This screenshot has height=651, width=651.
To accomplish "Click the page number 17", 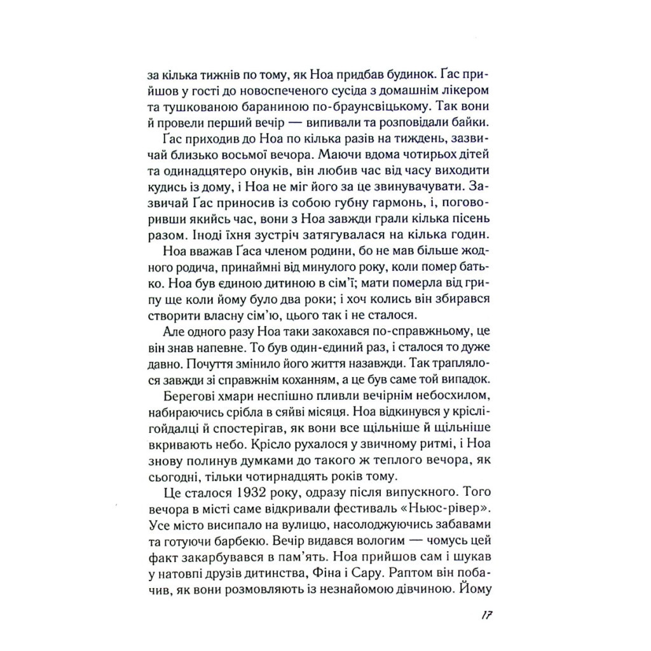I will pos(487,616).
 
